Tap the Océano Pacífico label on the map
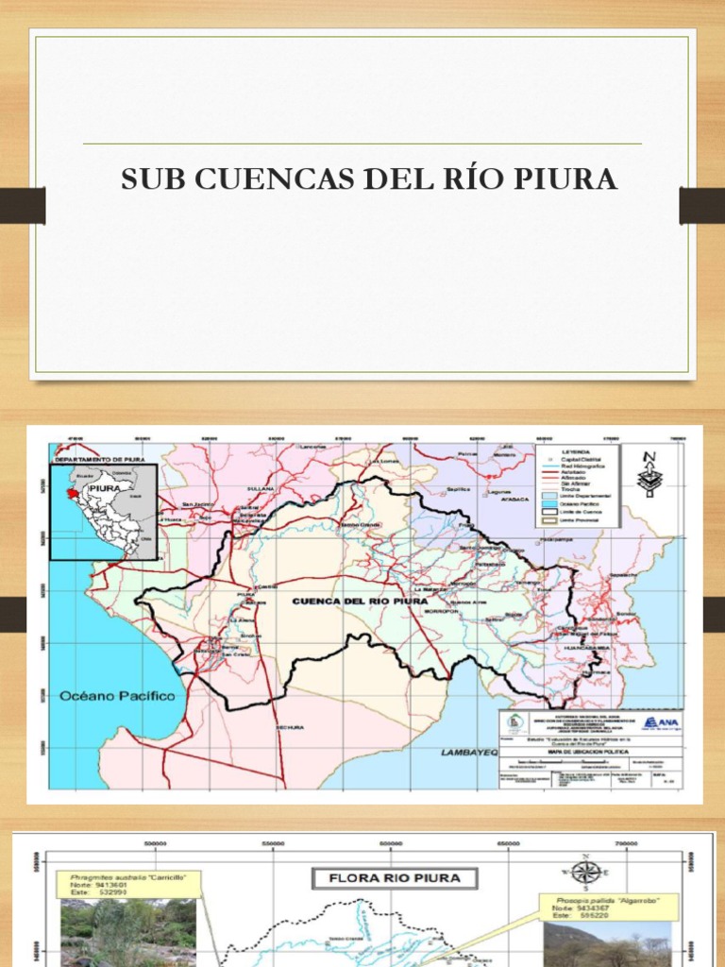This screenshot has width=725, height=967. coord(118,696)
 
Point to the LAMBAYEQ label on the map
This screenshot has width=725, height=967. coord(468,753)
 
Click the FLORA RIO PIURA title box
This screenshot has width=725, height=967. coord(395,878)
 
